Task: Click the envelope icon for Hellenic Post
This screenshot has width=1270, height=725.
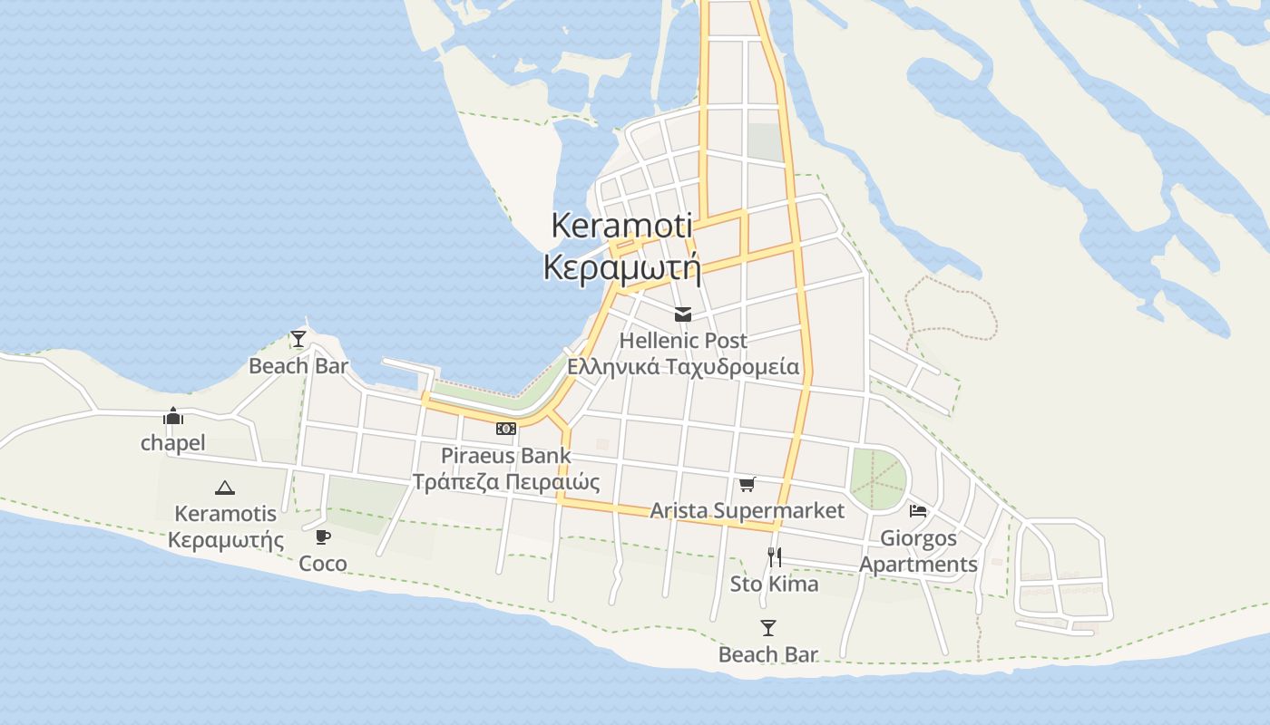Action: click(683, 314)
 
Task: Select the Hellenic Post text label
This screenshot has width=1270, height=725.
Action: click(683, 341)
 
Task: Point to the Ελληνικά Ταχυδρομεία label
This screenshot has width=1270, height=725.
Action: click(683, 367)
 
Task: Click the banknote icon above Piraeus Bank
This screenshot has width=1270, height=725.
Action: click(506, 429)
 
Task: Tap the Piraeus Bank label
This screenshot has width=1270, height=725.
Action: click(506, 455)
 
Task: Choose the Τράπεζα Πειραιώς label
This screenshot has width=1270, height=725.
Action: click(506, 481)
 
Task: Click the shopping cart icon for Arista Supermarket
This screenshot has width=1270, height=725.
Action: click(747, 484)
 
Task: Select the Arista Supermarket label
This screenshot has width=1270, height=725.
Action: click(747, 510)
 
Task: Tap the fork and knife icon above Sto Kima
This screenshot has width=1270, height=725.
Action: click(774, 556)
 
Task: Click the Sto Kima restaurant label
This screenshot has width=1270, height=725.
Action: click(774, 584)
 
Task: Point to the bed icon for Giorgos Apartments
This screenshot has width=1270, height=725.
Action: click(918, 511)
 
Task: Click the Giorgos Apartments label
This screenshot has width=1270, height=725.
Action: click(918, 551)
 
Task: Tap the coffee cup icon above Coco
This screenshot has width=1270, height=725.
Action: click(322, 536)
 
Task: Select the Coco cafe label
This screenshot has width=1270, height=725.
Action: click(323, 564)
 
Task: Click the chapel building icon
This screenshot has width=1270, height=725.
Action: click(172, 416)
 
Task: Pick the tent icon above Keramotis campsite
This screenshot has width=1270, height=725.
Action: click(225, 488)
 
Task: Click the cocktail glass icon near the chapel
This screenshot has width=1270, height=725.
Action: click(298, 339)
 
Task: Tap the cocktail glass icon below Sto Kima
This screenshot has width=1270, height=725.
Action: click(768, 627)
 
